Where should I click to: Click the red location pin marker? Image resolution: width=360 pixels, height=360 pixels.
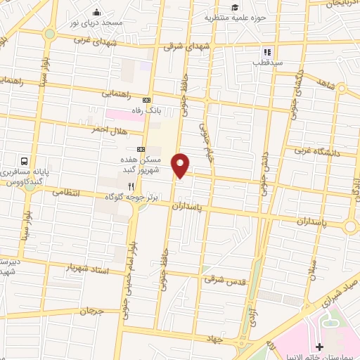pyautogui.click(x=181, y=165)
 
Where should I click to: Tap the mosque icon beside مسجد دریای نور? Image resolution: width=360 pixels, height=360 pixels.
pyautogui.click(x=96, y=12)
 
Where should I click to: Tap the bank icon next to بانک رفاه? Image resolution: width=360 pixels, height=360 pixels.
pyautogui.click(x=146, y=100)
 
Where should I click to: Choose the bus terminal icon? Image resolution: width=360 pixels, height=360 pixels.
pyautogui.click(x=25, y=161)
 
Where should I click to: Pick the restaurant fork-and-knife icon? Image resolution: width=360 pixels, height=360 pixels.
pyautogui.click(x=131, y=186)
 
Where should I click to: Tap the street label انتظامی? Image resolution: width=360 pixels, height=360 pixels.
pyautogui.click(x=67, y=191)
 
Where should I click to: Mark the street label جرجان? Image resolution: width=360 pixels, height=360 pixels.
pyautogui.click(x=91, y=310)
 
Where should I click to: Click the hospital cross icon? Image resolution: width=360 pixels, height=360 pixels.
pyautogui.click(x=320, y=347)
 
